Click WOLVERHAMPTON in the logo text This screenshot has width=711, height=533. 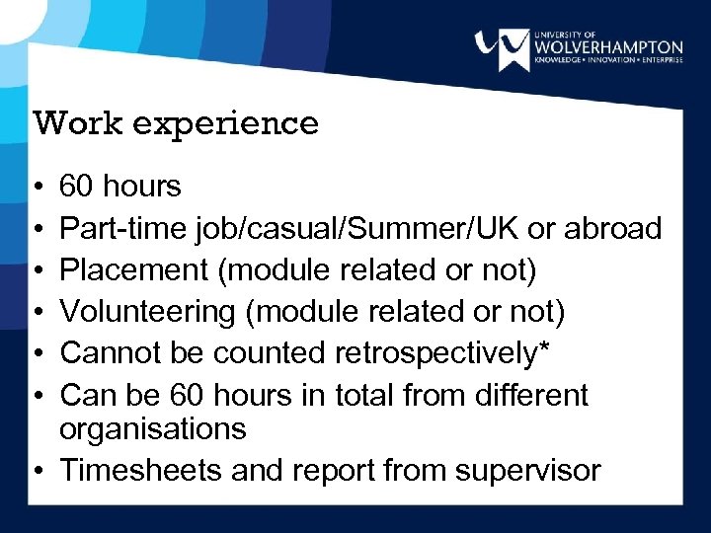pos(607,47)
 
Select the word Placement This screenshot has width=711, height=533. pos(133,270)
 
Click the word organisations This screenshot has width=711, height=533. pos(153,429)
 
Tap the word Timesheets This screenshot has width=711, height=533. pos(140,470)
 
